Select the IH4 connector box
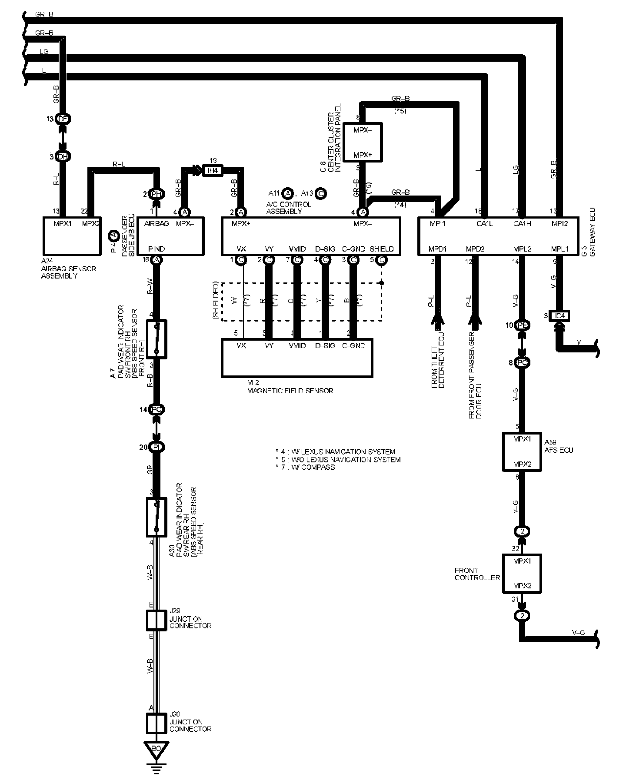click(212, 170)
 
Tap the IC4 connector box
click(559, 315)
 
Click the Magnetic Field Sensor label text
click(290, 391)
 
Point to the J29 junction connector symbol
click(156, 620)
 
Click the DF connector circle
click(63, 119)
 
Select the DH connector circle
click(63, 157)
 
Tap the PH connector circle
click(156, 194)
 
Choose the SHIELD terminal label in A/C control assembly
click(381, 249)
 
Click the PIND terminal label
click(156, 249)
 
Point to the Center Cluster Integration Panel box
click(363, 142)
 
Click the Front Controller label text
click(477, 574)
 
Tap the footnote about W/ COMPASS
click(305, 467)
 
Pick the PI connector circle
click(156, 447)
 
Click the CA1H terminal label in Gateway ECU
click(523, 224)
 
